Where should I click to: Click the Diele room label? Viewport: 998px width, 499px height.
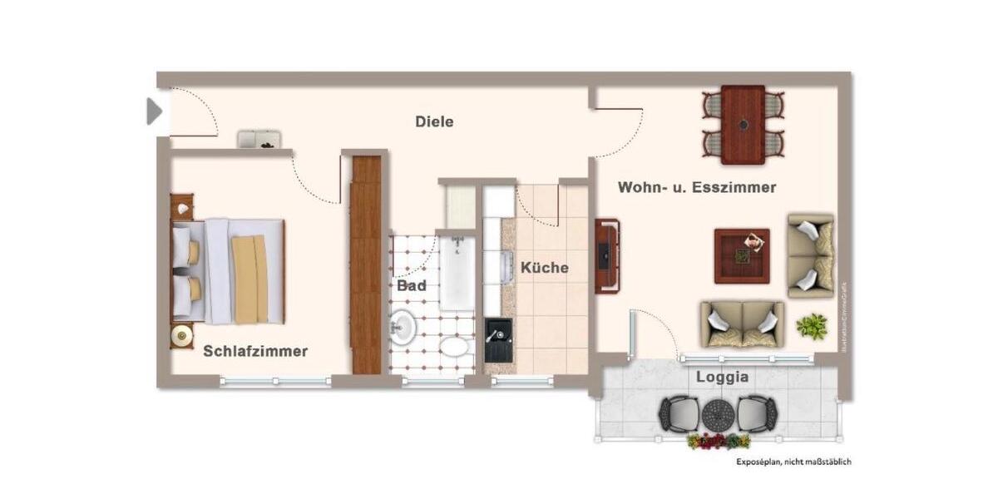click(x=434, y=122)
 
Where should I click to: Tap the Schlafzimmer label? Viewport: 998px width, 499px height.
click(x=255, y=352)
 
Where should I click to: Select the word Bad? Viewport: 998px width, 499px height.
click(x=412, y=286)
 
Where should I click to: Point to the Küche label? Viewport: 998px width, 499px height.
click(x=545, y=268)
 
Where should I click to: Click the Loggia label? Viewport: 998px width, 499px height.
click(x=722, y=377)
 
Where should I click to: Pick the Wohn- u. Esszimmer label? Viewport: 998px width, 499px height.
click(x=697, y=188)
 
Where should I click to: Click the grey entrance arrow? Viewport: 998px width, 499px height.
click(x=154, y=111)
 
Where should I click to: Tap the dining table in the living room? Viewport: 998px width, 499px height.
click(x=743, y=125)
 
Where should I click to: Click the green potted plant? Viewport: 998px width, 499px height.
click(x=812, y=325)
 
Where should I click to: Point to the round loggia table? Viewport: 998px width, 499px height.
click(x=716, y=413)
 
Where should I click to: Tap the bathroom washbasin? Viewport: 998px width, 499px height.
click(x=403, y=326)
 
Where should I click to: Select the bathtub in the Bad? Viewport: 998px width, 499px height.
click(x=457, y=273)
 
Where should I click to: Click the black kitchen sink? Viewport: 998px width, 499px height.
click(x=499, y=342)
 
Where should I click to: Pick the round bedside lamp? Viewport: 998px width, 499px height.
click(x=181, y=336)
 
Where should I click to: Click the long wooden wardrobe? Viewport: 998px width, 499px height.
click(x=365, y=264)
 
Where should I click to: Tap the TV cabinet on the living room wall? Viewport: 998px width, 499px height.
click(x=606, y=256)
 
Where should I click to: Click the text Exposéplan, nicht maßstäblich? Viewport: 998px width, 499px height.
click(x=793, y=462)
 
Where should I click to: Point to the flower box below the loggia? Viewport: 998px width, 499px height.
click(x=719, y=441)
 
